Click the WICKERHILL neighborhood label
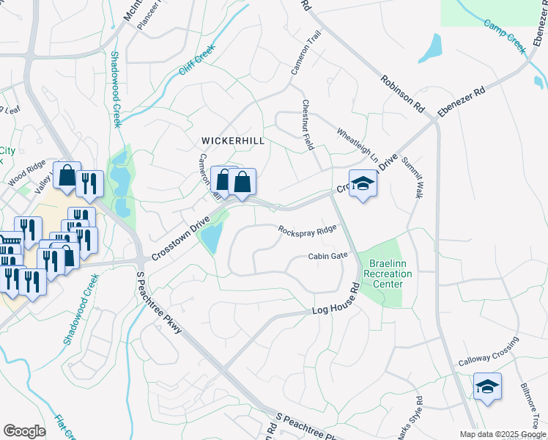click(233, 139)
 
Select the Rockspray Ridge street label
click(307, 230)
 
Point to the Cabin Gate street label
click(327, 256)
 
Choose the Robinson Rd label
click(402, 92)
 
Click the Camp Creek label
click(506, 34)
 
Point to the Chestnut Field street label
click(308, 124)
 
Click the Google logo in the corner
click(24, 430)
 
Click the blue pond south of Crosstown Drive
click(212, 237)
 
